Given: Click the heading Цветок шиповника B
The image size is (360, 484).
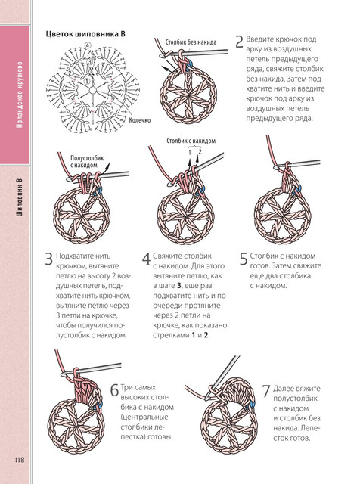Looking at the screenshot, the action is (x=85, y=34).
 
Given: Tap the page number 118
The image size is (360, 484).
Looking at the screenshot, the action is (x=19, y=460).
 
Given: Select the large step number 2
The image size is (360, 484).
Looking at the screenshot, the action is (x=239, y=42).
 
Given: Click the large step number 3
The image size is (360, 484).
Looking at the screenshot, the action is (x=49, y=259).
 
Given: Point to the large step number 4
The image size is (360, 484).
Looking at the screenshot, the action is (x=146, y=259).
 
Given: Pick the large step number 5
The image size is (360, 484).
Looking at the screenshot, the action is (x=244, y=259).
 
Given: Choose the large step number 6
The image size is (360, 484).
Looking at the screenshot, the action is (x=114, y=390).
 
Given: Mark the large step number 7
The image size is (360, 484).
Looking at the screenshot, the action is (x=266, y=391).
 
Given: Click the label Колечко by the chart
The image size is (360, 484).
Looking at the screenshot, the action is (x=140, y=120).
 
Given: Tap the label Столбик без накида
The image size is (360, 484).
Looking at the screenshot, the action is (x=191, y=42).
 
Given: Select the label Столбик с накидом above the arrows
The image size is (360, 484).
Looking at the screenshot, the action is (x=191, y=141).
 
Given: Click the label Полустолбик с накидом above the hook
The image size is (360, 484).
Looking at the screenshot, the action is (x=87, y=161).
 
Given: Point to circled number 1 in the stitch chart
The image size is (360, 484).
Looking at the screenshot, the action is (x=87, y=81).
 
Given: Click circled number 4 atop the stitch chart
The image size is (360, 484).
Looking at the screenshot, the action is (x=88, y=45).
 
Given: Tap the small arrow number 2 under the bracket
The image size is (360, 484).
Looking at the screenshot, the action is (x=200, y=151).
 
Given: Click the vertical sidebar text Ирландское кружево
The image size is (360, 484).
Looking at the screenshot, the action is (x=19, y=95).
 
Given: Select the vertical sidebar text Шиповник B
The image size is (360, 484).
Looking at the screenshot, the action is (x=19, y=197).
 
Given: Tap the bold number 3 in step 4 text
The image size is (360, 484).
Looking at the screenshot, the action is (x=179, y=286).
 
